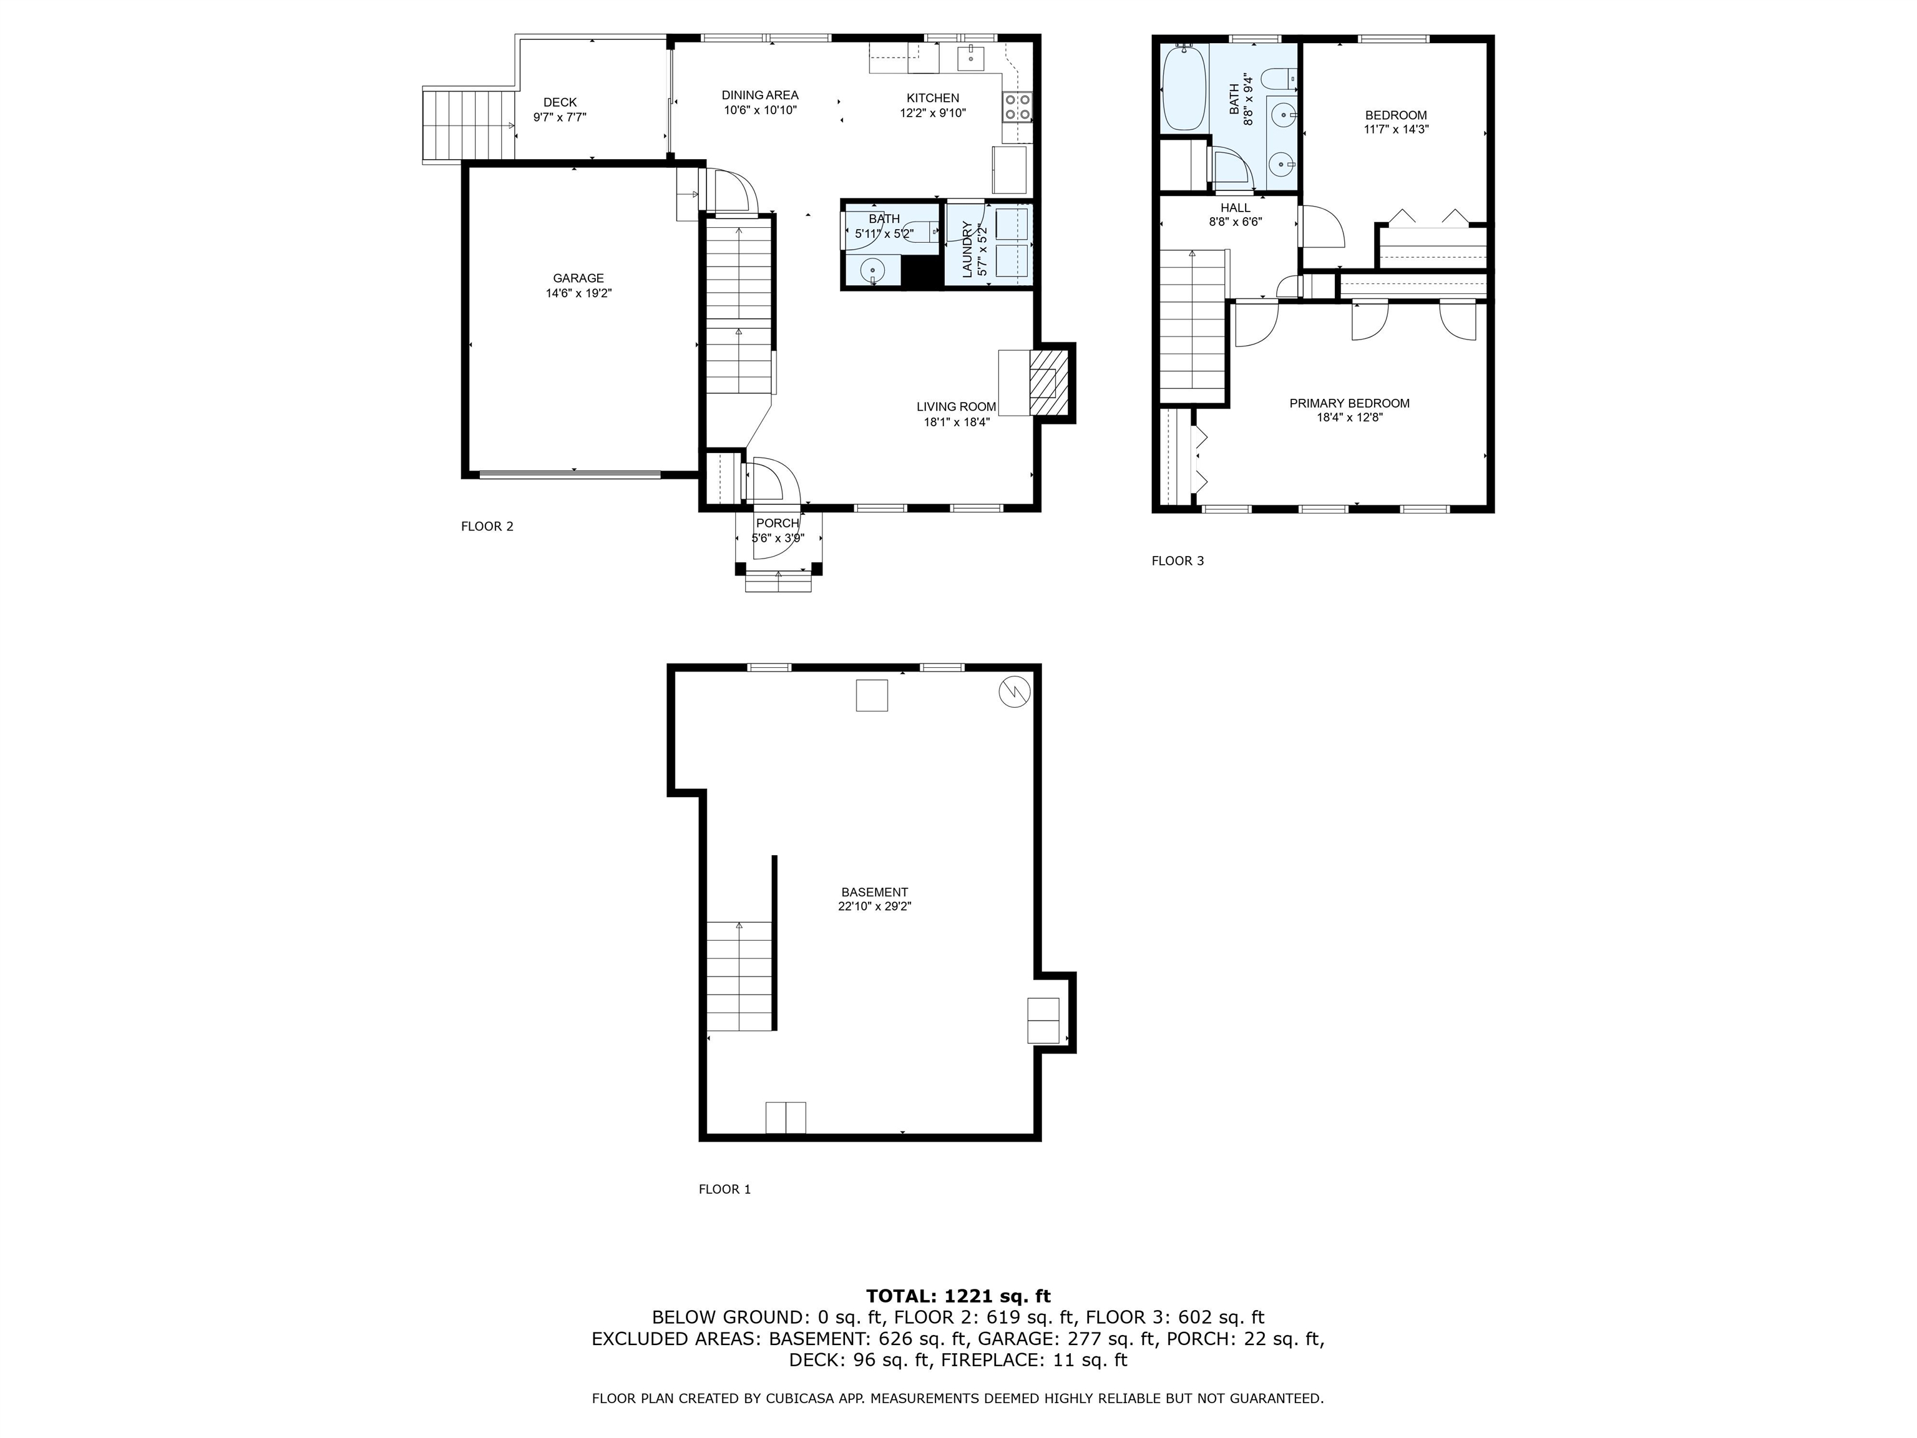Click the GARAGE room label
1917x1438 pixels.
(x=578, y=278)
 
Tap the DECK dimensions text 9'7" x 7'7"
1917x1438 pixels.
(x=560, y=117)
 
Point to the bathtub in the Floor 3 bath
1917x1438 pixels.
(x=1184, y=89)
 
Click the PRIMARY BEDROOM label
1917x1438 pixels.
(x=1349, y=403)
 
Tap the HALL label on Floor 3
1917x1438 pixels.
(x=1235, y=208)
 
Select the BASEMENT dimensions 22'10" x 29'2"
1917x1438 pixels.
(x=874, y=907)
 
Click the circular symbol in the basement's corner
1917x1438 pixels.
(x=1014, y=692)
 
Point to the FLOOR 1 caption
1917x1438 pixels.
(x=724, y=1189)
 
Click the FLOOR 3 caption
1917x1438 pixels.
(x=1177, y=561)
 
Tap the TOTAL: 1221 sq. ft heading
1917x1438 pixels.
(x=958, y=1296)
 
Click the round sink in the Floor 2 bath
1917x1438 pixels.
(x=873, y=270)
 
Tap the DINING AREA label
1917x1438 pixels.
(x=760, y=95)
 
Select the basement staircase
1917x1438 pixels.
(x=739, y=976)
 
